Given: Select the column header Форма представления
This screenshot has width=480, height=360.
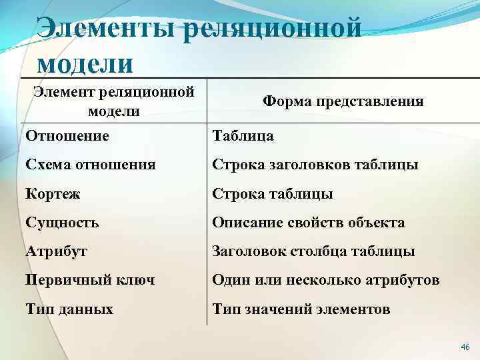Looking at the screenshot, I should pos(343,101).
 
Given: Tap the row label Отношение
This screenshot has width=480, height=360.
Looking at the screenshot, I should pos(67,136).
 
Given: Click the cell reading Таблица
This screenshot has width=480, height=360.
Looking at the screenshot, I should pos(243,136).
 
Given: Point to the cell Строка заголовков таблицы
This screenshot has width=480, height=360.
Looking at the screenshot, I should pos(315,164).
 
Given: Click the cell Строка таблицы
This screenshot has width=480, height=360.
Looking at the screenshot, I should pos(272,193).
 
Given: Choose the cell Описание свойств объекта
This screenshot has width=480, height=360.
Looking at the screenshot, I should pos(308,223).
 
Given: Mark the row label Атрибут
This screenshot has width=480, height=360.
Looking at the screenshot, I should pos(57,251).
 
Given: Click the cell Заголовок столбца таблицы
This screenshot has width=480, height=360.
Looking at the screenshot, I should pos(313,251).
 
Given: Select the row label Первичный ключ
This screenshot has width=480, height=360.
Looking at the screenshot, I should pos(90,280).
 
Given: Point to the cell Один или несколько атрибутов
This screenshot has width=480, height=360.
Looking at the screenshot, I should pos(325,280).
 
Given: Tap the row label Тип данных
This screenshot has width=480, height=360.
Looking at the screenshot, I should pos(69,309).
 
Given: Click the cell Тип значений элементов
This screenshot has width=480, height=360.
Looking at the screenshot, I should pos(301,309).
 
